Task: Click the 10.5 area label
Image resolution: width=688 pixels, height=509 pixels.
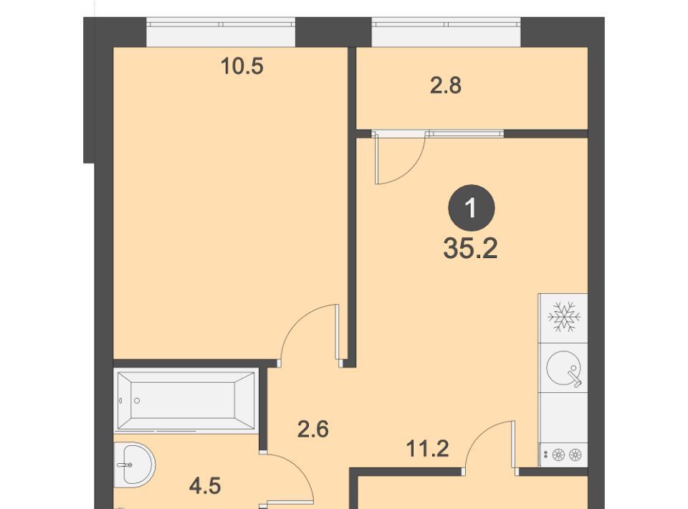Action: [242, 67]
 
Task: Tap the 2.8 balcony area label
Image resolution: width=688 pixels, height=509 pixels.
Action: [445, 85]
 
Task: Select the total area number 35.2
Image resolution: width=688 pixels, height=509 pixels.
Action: [470, 248]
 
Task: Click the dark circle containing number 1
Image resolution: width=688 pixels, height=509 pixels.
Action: [472, 208]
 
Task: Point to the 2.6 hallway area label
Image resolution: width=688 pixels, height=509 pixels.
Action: [313, 429]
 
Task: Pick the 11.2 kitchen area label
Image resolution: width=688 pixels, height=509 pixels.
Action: [427, 449]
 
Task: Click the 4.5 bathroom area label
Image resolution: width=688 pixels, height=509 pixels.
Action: [205, 486]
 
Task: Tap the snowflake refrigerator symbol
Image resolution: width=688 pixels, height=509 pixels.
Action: [564, 316]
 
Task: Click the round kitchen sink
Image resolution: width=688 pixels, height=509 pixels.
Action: [564, 368]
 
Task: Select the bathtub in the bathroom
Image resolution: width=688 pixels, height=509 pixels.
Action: [186, 401]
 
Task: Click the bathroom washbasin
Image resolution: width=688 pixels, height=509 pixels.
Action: [134, 465]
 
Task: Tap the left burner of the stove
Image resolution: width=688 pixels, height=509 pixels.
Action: [558, 455]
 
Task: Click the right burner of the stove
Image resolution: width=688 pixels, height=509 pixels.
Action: [575, 455]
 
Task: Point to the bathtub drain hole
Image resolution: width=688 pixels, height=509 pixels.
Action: [137, 401]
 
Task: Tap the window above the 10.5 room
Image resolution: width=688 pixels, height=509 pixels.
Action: [221, 32]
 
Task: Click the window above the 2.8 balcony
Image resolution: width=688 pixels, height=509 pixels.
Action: [446, 32]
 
